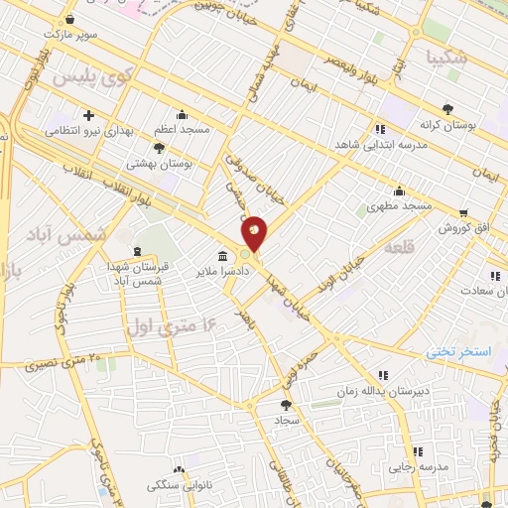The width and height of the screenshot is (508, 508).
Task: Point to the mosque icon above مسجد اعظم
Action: click(x=182, y=114)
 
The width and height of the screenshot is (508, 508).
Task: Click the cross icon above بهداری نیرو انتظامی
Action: click(x=89, y=115)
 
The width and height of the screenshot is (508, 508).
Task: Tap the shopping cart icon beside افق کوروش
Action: click(x=463, y=212)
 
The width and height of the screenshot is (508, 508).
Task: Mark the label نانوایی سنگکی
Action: click(x=177, y=485)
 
